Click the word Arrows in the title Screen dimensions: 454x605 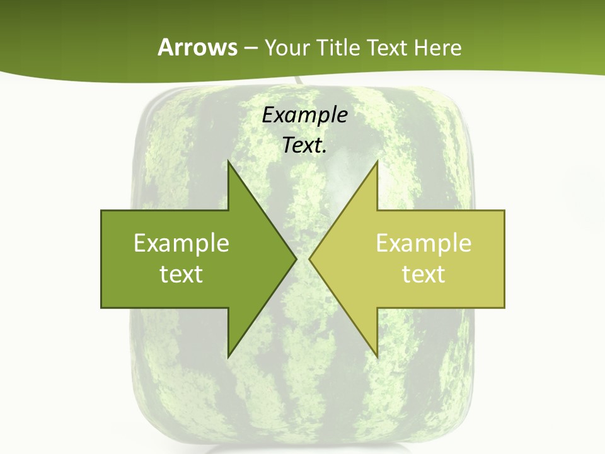[x=197, y=47]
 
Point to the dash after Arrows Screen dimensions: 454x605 [x=250, y=48]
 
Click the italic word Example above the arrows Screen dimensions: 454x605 [x=304, y=115]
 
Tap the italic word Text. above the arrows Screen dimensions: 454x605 [x=304, y=146]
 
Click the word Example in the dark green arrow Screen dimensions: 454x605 [x=181, y=243]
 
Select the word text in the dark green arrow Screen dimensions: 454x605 [x=181, y=274]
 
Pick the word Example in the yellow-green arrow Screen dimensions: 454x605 [x=423, y=243]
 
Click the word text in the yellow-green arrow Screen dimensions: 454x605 [x=423, y=274]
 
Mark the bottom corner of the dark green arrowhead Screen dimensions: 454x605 [x=229, y=356]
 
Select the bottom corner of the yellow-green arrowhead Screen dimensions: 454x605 [x=377, y=356]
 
